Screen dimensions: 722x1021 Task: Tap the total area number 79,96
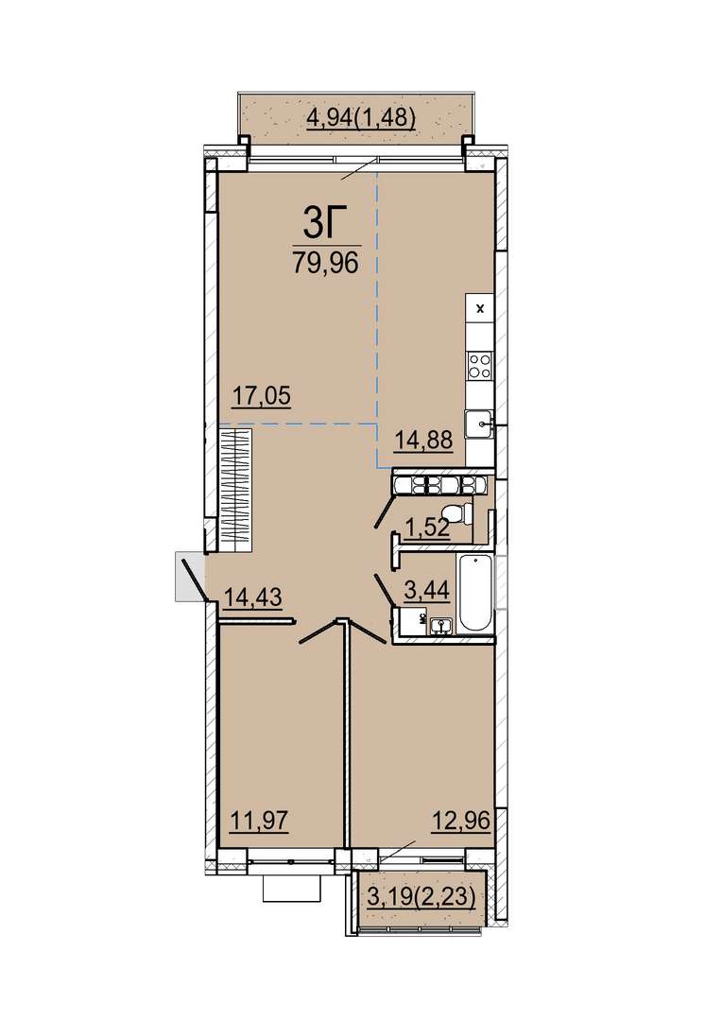(x=325, y=263)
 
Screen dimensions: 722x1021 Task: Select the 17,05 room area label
(x=263, y=395)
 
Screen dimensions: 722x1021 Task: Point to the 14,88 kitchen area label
(x=423, y=441)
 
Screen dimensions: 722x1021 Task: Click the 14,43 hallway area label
(x=252, y=596)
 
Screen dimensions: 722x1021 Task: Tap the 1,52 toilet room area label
(x=427, y=528)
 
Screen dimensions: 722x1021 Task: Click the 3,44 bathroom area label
(x=426, y=590)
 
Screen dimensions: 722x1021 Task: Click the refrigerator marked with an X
(x=480, y=308)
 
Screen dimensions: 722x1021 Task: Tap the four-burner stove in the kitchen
(x=480, y=364)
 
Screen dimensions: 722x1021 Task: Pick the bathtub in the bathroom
(x=475, y=593)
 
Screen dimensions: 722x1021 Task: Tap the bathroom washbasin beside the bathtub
(x=441, y=625)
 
